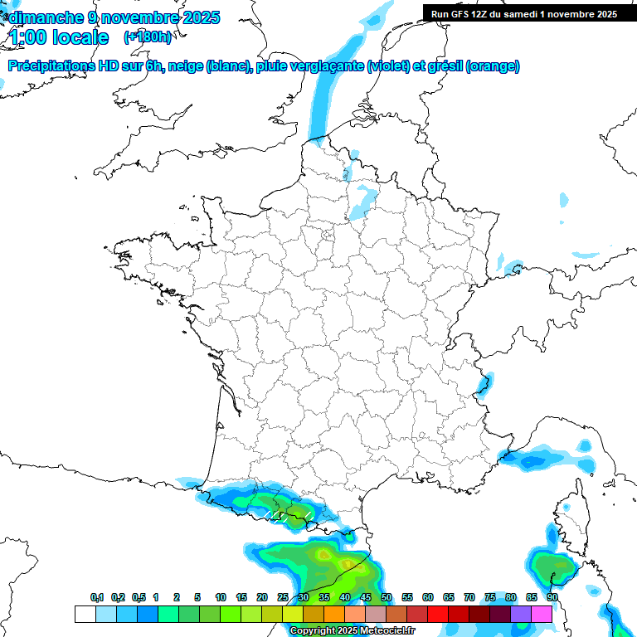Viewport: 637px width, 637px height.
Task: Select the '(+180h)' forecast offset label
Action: click(147, 37)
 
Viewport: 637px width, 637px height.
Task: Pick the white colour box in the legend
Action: click(85, 614)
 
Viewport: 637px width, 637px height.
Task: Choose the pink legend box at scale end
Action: click(542, 614)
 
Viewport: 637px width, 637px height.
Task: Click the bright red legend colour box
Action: click(438, 614)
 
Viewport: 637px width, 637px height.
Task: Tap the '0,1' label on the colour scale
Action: click(97, 597)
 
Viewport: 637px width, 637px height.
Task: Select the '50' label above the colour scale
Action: click(386, 597)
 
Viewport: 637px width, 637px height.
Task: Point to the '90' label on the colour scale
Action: click(552, 597)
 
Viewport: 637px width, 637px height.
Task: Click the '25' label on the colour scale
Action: click(283, 597)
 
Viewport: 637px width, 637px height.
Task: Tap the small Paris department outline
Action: click(327, 236)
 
